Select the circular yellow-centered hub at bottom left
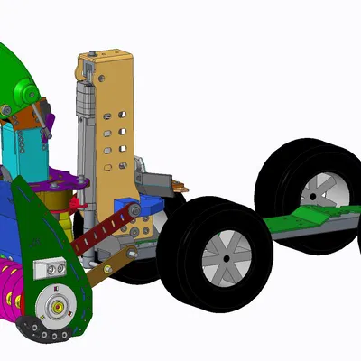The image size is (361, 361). point(58,308)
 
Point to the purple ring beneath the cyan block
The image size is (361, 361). point(59,180)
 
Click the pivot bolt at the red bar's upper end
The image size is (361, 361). point(134,211)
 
